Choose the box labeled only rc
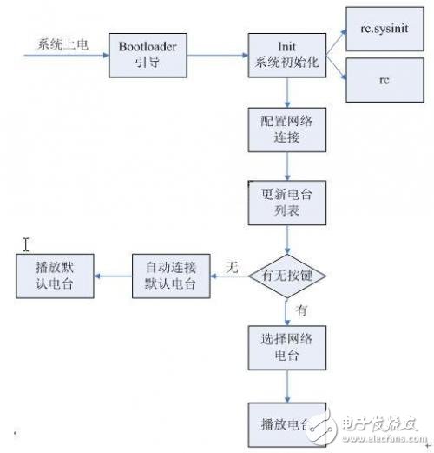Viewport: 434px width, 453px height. tap(383, 81)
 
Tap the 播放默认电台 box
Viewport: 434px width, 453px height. tap(55, 276)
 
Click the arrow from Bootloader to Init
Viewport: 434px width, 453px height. tap(215, 56)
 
